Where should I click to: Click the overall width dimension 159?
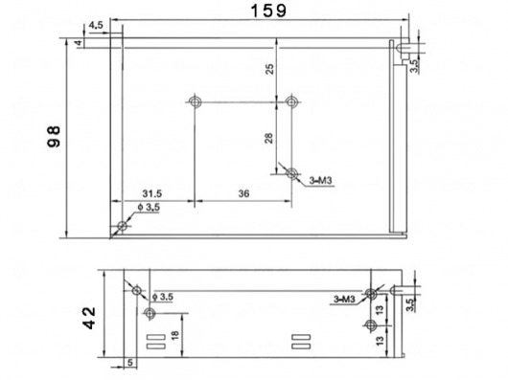pyautogui.click(x=268, y=11)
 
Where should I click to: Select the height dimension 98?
pyautogui.click(x=54, y=136)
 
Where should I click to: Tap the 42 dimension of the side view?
pyautogui.click(x=89, y=318)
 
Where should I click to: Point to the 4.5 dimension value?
pyautogui.click(x=96, y=25)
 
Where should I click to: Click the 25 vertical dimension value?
pyautogui.click(x=269, y=69)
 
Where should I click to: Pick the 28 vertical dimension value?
pyautogui.click(x=269, y=138)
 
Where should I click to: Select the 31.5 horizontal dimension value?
pyautogui.click(x=152, y=193)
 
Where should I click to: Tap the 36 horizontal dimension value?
pyautogui.click(x=244, y=193)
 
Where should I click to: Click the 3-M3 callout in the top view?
pyautogui.click(x=321, y=181)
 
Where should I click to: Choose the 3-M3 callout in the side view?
pyautogui.click(x=345, y=300)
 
